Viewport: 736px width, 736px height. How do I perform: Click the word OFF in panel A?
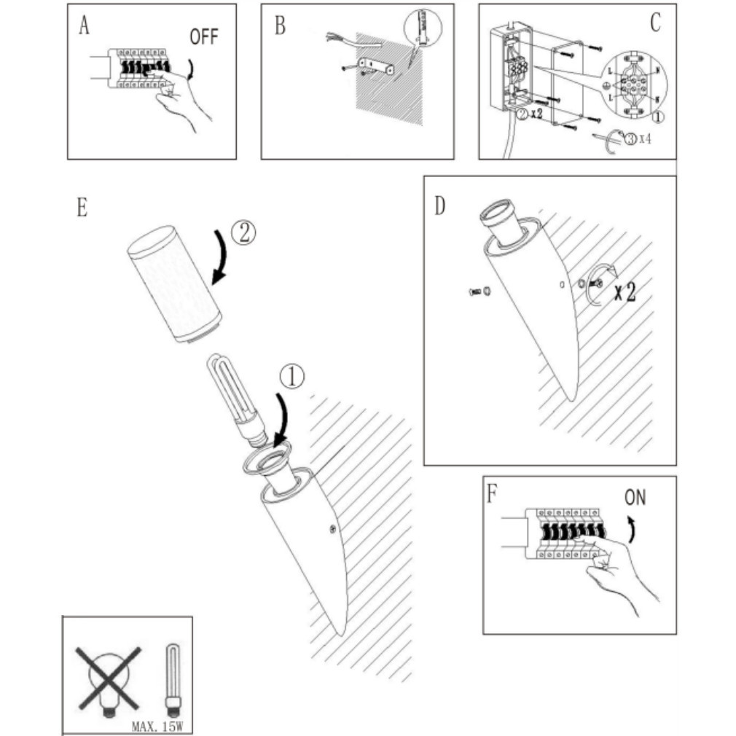203,37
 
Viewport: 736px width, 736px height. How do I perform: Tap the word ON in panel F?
635,498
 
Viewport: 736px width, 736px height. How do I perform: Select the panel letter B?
280,26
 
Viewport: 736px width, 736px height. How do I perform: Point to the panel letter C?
654,23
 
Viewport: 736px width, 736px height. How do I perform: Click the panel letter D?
439,205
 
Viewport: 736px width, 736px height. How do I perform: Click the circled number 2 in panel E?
244,232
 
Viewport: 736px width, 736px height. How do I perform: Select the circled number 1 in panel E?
292,377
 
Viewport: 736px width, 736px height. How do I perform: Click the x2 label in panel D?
623,292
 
